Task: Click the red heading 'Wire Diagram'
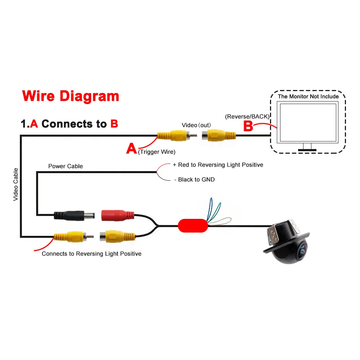pos(71,96)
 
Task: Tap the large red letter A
pos(131,148)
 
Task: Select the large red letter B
pos(248,126)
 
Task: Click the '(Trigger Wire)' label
pos(157,152)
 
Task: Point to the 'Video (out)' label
pos(196,125)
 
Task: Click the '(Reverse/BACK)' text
pos(247,117)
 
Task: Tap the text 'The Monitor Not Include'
pos(308,96)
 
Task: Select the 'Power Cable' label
pos(66,166)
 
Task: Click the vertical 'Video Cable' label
pos(16,184)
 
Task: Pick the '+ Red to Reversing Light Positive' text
pos(218,165)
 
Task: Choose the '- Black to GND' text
pos(194,179)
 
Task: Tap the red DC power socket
pos(118,215)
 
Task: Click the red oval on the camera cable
pos(193,226)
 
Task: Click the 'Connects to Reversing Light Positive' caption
pos(91,254)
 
